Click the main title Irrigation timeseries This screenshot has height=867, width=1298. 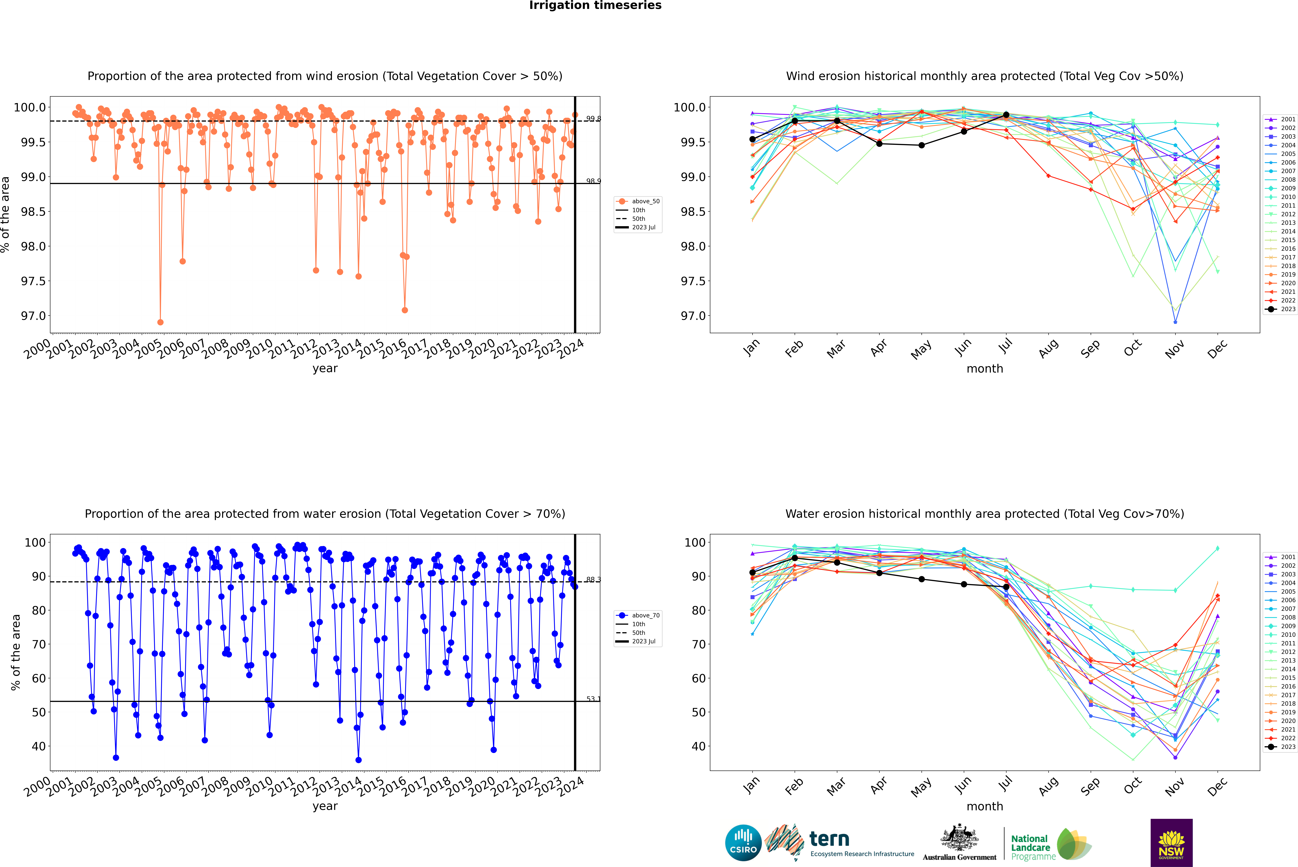click(595, 5)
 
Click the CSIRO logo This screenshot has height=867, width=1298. click(743, 843)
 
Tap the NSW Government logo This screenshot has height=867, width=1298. click(1171, 843)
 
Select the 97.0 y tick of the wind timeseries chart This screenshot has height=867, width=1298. click(33, 316)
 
